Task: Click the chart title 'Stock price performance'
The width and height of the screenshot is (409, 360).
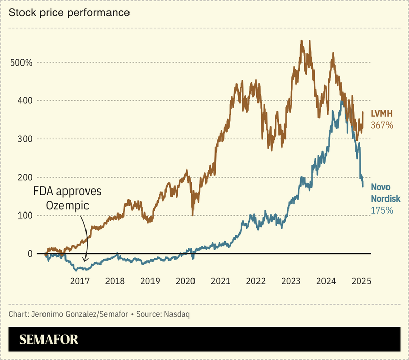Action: pos(69,12)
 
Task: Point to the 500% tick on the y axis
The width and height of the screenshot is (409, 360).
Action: pos(21,62)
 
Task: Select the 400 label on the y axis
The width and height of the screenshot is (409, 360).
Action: pos(24,101)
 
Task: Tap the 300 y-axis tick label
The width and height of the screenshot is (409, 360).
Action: pos(24,139)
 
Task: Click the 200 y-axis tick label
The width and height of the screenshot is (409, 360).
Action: pos(24,177)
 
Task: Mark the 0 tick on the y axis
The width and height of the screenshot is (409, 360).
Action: pos(30,253)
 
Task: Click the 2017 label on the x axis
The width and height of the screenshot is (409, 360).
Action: pos(80,281)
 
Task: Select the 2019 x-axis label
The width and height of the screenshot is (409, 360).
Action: pos(150,281)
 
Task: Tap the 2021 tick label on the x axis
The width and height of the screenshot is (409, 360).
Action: pos(220,281)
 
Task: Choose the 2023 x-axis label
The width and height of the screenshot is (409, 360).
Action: pos(291,281)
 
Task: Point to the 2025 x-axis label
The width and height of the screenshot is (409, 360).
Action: pos(361,281)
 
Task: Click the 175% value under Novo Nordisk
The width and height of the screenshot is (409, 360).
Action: pos(381,210)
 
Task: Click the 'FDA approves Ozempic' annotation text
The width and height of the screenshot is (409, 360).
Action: pos(68,198)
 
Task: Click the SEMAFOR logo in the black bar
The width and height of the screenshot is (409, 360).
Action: pos(49,340)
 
